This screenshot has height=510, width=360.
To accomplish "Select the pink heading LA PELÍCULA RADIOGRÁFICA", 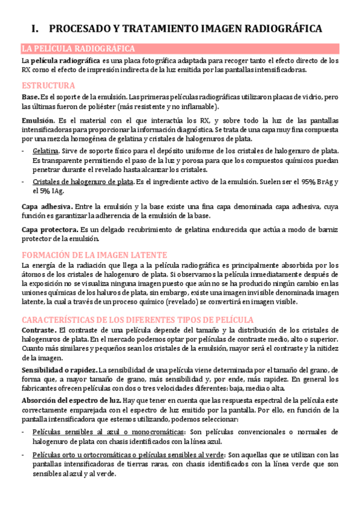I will pos(78,49).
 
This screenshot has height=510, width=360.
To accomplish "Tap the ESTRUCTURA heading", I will pos(48,85).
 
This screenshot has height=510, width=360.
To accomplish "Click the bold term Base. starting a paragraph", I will pos(31,97).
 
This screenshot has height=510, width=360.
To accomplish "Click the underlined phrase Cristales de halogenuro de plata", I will pos(83,182).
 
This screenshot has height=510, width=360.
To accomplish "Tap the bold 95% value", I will pos(311,182).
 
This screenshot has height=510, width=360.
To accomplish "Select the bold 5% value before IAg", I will pos(41,191).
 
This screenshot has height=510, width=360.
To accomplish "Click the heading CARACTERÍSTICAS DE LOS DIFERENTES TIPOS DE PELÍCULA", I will pos(138,319).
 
